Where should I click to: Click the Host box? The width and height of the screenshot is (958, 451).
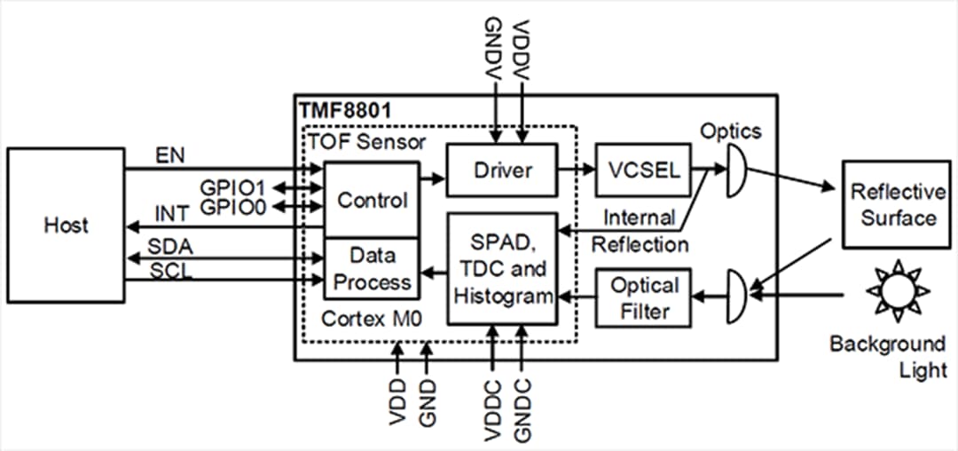tap(67, 224)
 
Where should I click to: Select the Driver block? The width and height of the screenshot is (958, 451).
tap(501, 170)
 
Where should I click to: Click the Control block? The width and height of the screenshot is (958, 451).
tap(371, 200)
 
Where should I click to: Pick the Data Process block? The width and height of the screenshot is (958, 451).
tap(371, 268)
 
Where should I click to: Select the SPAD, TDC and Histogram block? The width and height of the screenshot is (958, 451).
tap(501, 269)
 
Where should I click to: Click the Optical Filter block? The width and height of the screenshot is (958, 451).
tap(645, 298)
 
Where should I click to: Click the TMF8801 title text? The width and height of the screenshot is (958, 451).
tap(344, 113)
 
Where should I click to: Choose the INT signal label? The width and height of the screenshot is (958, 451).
tap(173, 216)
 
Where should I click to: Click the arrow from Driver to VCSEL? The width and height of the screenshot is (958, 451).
tap(577, 169)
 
